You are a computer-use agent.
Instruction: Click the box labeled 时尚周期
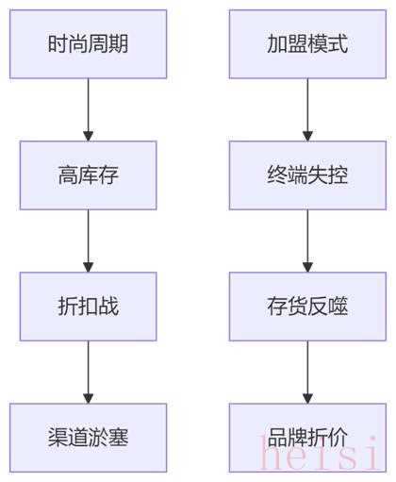point(88,44)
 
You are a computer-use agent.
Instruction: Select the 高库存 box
point(88,175)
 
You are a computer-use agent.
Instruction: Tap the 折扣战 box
point(88,307)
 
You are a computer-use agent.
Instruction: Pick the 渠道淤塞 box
point(88,438)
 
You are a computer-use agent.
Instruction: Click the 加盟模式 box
point(307,44)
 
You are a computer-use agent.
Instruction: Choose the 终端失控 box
point(307,175)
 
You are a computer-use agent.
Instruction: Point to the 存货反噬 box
point(307,307)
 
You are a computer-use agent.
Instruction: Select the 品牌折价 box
point(307,438)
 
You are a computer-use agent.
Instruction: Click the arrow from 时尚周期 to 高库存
point(89,109)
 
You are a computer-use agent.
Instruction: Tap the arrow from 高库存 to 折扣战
point(89,241)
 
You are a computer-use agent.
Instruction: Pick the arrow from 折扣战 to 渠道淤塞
point(89,373)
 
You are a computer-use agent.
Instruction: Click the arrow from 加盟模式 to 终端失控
point(307,109)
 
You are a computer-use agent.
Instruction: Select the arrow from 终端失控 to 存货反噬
point(307,241)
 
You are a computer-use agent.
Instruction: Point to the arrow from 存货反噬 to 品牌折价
point(307,373)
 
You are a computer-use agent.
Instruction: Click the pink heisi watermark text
point(319,453)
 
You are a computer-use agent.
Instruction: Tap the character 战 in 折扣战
point(108,307)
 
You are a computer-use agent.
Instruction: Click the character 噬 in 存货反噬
point(338,307)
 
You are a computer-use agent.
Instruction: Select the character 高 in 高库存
point(68,175)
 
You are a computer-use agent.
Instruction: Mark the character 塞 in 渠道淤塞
point(119,438)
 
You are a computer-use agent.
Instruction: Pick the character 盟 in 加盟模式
point(298,44)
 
